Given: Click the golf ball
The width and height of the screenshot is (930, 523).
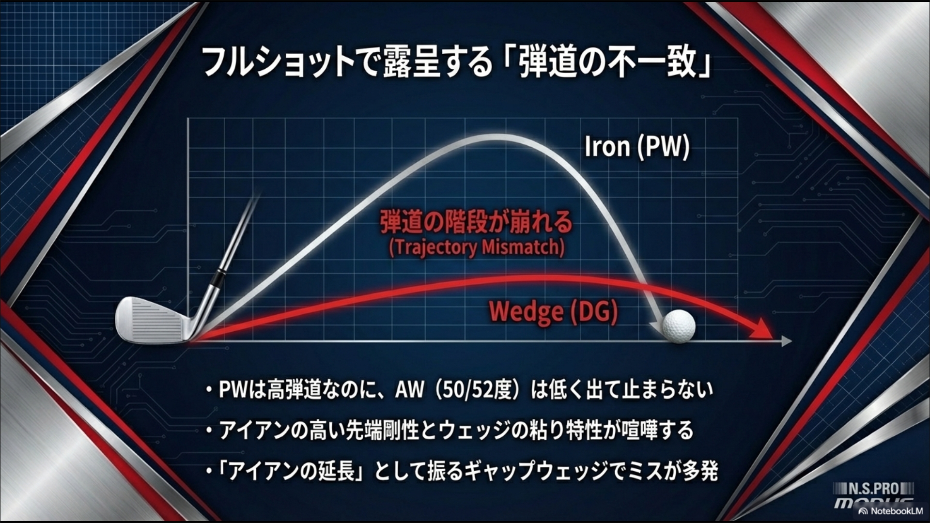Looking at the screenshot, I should tap(679, 326).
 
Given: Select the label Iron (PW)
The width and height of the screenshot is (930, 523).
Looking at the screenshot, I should tap(636, 146).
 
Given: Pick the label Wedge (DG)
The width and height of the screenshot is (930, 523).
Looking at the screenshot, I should tap(553, 312).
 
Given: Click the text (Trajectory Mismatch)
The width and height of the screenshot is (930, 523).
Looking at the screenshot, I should tap(477, 247).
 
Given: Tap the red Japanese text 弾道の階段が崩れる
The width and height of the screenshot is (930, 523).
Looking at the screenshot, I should tap(476, 223).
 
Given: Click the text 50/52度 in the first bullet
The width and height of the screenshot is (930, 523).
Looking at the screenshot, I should tap(475, 390).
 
